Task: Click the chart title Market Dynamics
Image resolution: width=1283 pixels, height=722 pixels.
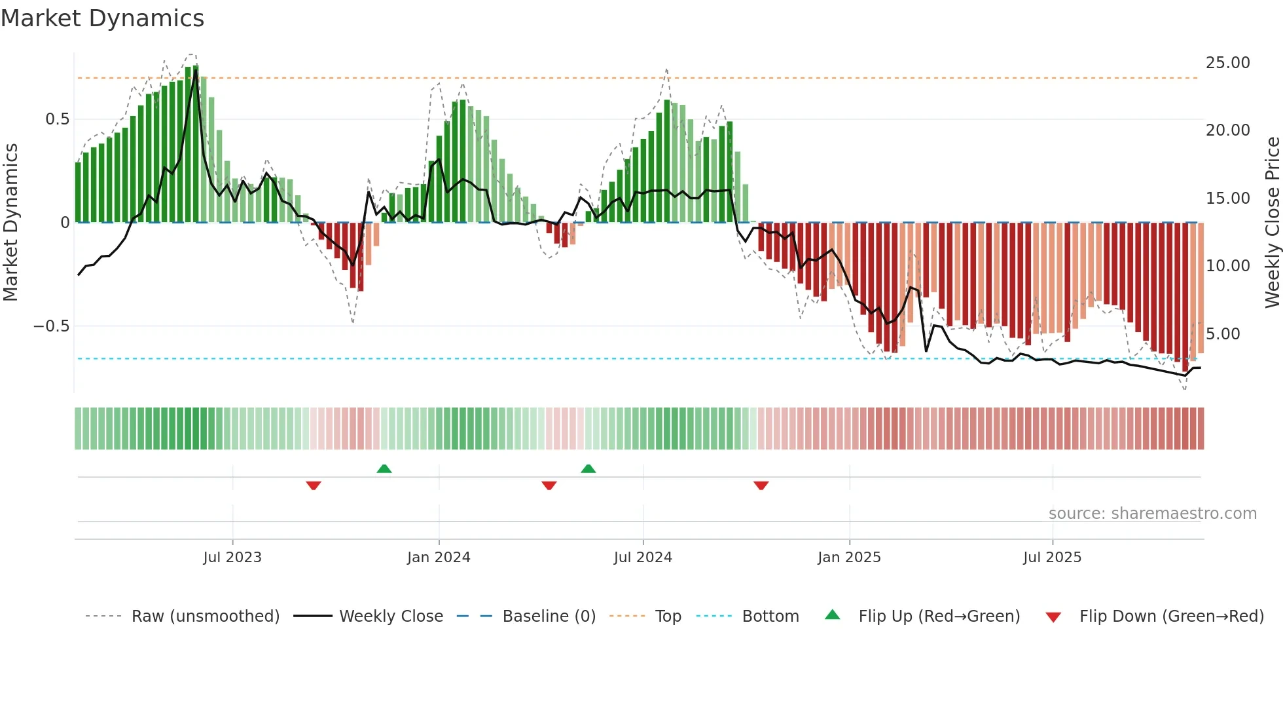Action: [102, 18]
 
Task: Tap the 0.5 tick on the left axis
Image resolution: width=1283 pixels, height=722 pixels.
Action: [57, 119]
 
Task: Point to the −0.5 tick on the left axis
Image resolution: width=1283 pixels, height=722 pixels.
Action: [52, 326]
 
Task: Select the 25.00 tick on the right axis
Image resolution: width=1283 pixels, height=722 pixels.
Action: [1227, 63]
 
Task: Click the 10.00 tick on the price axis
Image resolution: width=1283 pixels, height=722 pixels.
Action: [1227, 266]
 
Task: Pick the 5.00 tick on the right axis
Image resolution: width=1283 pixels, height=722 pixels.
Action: [1223, 334]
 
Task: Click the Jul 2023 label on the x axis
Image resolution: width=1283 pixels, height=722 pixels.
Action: [232, 558]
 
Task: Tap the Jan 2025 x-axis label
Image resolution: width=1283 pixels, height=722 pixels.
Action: [849, 558]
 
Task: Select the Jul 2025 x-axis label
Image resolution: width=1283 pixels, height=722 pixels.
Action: [1052, 558]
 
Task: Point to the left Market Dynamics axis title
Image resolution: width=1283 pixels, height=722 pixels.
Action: [10, 223]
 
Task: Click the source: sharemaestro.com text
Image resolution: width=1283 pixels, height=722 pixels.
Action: [1152, 514]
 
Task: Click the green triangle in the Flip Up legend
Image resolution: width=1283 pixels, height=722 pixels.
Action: [832, 615]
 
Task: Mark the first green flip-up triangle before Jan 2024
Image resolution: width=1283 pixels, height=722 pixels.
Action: [384, 468]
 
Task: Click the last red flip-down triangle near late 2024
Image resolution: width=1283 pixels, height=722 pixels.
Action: [761, 485]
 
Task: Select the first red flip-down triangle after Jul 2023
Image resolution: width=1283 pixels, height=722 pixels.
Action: [314, 485]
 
